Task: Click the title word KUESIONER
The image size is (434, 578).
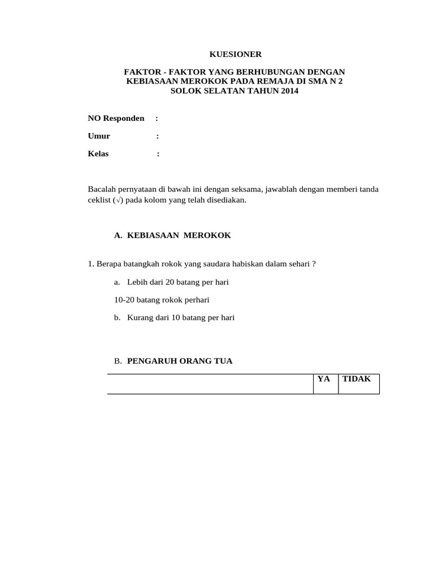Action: tap(236, 55)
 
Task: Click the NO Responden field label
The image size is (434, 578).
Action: tap(116, 118)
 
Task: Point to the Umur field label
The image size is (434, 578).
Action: tap(99, 136)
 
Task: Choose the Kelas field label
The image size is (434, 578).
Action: tap(98, 154)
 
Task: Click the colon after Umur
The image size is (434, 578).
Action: tap(157, 136)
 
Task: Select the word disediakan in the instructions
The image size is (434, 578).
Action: tap(227, 200)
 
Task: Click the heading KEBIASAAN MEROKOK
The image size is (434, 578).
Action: tap(179, 235)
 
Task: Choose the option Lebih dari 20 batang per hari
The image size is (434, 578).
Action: tap(177, 282)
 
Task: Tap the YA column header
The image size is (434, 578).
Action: tap(324, 379)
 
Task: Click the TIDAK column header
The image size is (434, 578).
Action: tap(357, 379)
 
